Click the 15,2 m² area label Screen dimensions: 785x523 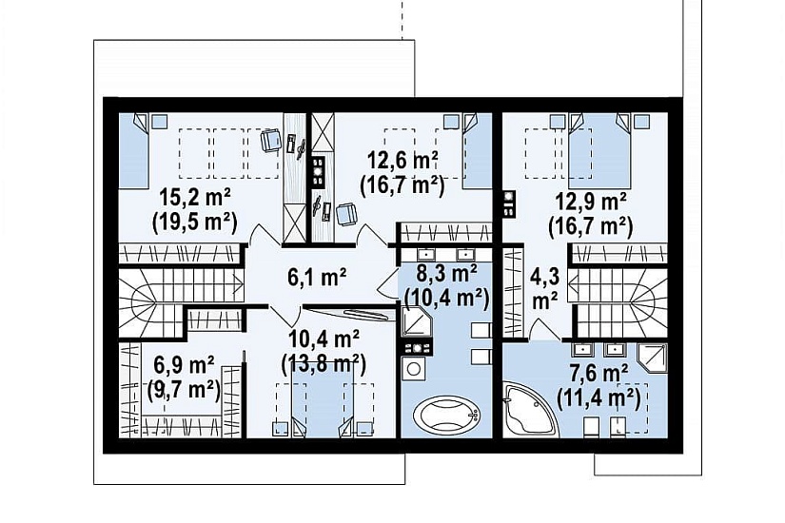tap(195, 199)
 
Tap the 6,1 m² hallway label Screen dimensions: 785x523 tap(318, 277)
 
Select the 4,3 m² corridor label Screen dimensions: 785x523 tap(545, 288)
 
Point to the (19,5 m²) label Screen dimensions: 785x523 tap(195, 222)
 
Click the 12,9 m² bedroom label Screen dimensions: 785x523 tap(591, 203)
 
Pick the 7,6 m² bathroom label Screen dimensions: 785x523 tap(599, 374)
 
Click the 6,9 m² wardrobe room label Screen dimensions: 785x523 tap(185, 366)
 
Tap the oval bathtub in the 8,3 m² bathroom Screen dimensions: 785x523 tap(447, 415)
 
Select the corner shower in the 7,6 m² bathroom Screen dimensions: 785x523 tap(653, 358)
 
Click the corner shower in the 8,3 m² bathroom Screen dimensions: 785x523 tap(417, 321)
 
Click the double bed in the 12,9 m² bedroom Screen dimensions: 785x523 tap(599, 148)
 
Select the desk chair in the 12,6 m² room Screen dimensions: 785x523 tap(346, 215)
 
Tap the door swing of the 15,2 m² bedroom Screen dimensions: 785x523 tap(265, 234)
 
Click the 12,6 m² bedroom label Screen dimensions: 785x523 tap(403, 160)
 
